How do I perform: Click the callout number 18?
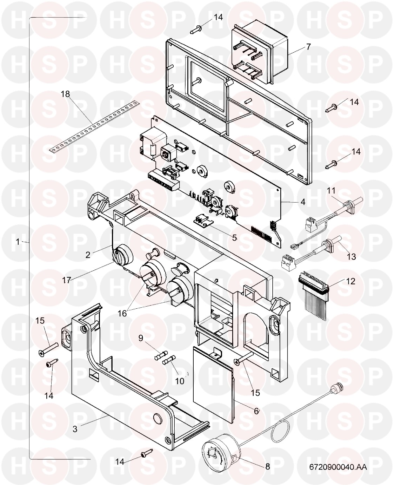click(66, 94)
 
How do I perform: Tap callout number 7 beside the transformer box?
click(308, 47)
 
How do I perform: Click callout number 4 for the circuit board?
click(303, 202)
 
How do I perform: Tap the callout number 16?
click(122, 313)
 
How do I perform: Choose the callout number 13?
click(351, 257)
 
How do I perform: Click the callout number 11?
click(331, 190)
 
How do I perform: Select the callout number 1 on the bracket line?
click(18, 242)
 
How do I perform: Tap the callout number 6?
click(256, 411)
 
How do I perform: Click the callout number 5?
click(234, 238)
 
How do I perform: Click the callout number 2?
click(88, 255)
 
